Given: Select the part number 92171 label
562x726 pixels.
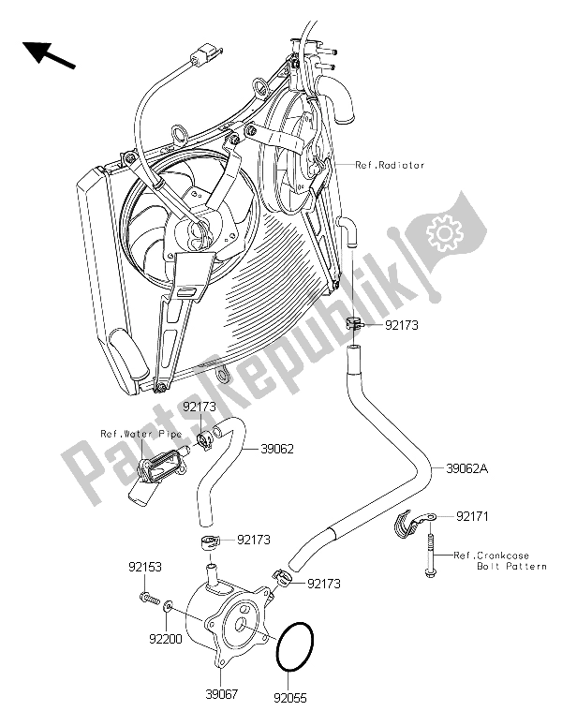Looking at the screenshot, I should [x=474, y=516].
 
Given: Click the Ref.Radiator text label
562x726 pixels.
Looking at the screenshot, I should [x=390, y=165].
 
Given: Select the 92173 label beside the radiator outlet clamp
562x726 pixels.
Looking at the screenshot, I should [x=401, y=325].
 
